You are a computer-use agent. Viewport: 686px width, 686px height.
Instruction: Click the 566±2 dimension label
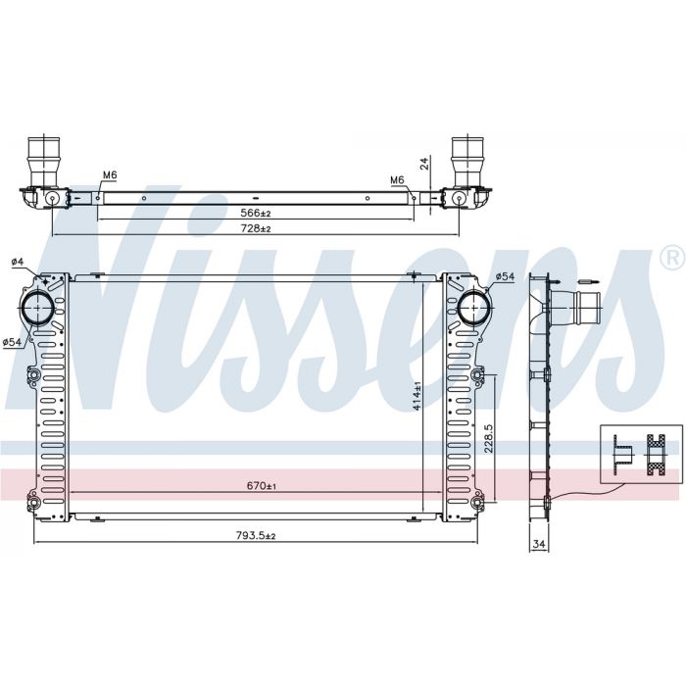tap(256, 213)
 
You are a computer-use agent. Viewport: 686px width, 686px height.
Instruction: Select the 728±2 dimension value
tap(256, 228)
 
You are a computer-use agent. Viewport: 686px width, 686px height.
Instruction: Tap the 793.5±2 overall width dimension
tap(256, 535)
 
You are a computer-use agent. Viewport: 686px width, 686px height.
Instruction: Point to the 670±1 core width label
tap(261, 486)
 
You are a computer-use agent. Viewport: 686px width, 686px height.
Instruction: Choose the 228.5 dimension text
tap(489, 438)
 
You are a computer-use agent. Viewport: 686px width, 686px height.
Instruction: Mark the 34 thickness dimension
tap(539, 544)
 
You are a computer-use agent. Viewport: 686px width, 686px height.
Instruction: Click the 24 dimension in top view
tap(424, 164)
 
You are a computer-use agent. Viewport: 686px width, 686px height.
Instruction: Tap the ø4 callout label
tap(18, 262)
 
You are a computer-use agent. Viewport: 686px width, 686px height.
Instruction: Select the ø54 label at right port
tap(506, 276)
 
